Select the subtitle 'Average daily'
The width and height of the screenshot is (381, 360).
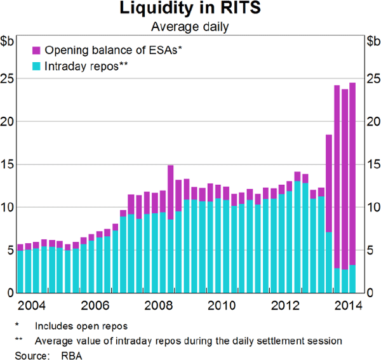point(190,27)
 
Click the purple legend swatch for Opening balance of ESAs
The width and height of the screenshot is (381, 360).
point(36,50)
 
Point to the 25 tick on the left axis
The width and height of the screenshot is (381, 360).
point(9,79)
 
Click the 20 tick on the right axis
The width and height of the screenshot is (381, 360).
point(373,121)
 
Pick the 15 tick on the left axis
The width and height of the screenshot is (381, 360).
point(9,164)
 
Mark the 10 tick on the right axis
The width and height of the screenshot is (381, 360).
point(373,208)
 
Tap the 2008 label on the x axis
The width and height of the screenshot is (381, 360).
point(159,305)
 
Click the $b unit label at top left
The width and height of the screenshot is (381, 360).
point(8,41)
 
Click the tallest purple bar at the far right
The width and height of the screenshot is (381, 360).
point(352,171)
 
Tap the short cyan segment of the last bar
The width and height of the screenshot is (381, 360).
point(352,279)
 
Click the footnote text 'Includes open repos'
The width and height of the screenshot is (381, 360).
point(81,326)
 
